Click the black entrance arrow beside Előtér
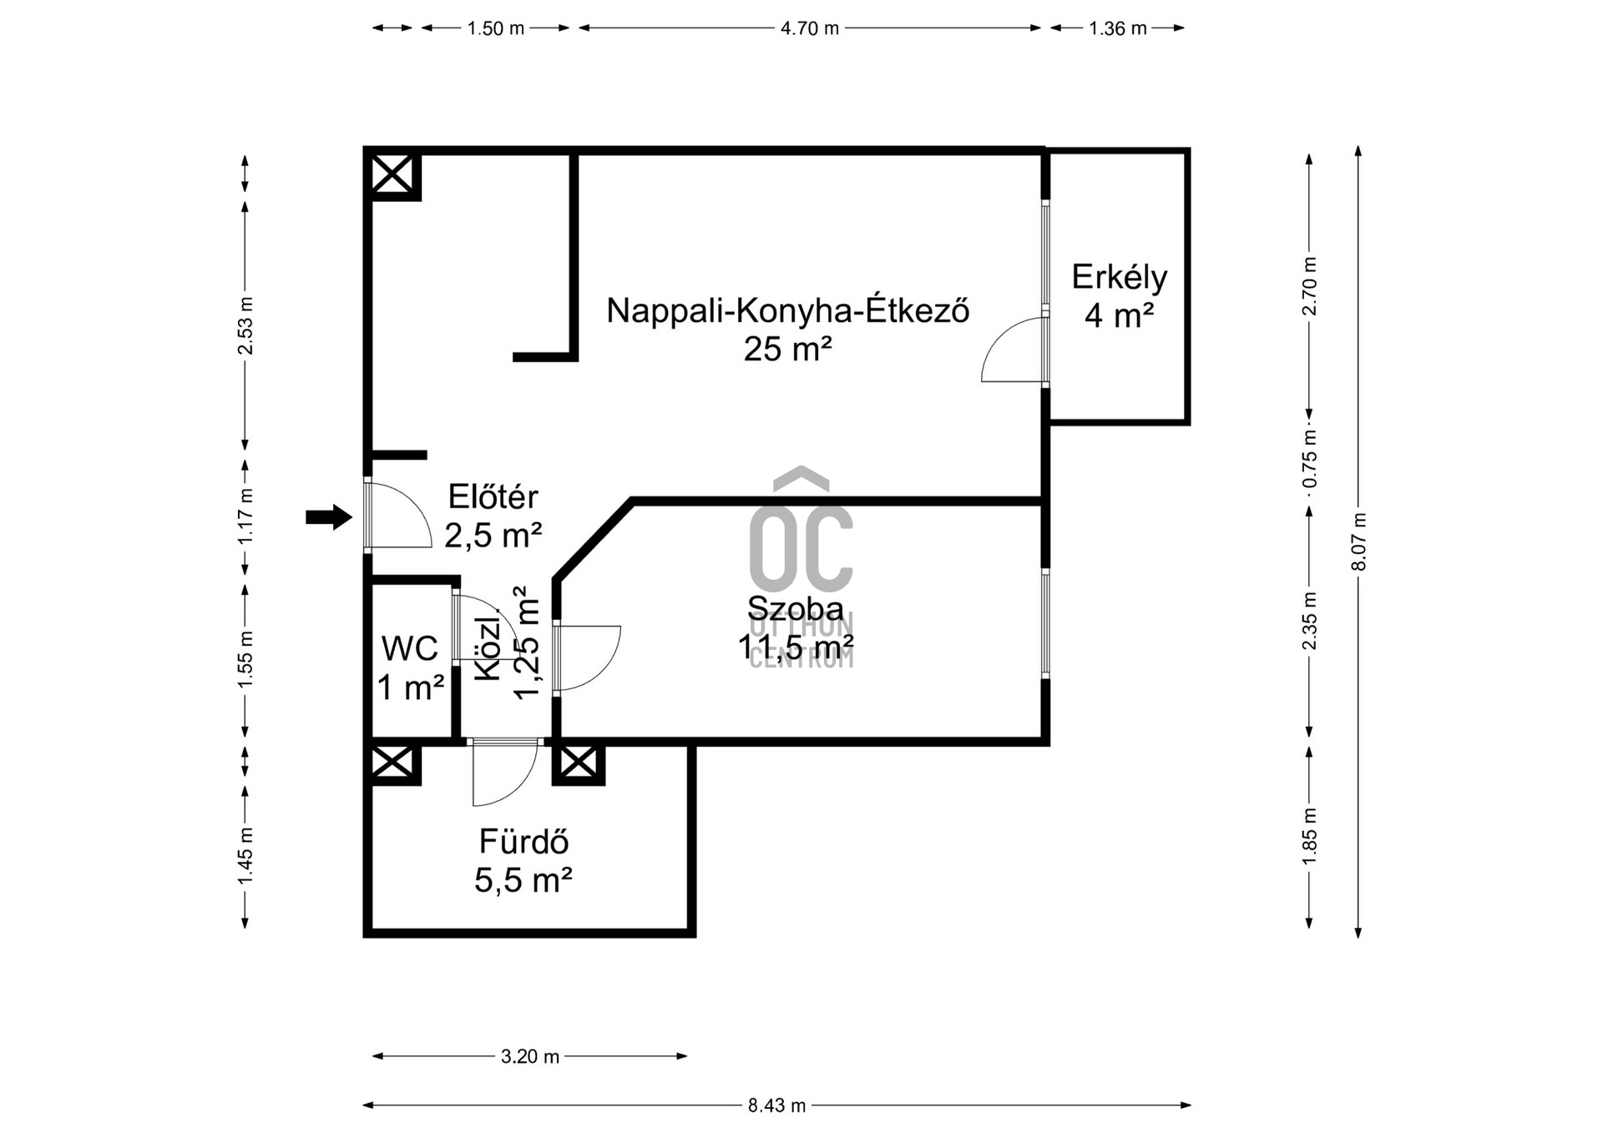pyautogui.click(x=329, y=517)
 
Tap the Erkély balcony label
pyautogui.click(x=1119, y=277)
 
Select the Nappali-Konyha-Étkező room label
pyautogui.click(x=787, y=310)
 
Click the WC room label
pyautogui.click(x=410, y=648)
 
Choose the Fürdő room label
pyautogui.click(x=523, y=842)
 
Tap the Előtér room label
pyautogui.click(x=493, y=496)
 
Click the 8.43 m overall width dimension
pyautogui.click(x=776, y=1105)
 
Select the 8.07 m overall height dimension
pyautogui.click(x=1358, y=542)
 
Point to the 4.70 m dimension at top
pyautogui.click(x=809, y=28)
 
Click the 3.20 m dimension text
pyautogui.click(x=530, y=1056)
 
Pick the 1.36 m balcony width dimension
pyautogui.click(x=1117, y=28)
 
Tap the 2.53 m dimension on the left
pyautogui.click(x=245, y=325)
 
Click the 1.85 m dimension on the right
pyautogui.click(x=1309, y=837)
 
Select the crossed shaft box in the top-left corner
pyautogui.click(x=392, y=174)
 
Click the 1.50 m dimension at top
pyautogui.click(x=495, y=28)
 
